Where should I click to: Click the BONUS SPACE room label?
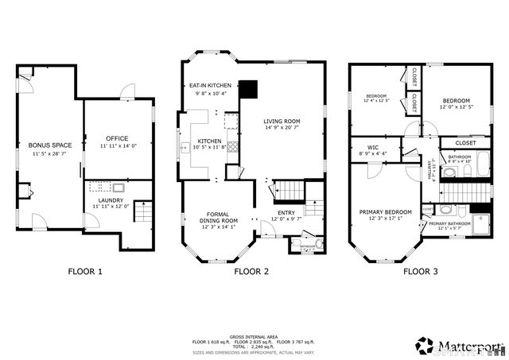(x=45, y=145)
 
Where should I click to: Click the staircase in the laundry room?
(x=143, y=212)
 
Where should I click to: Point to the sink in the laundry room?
(x=118, y=188)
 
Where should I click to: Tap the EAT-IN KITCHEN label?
(x=209, y=85)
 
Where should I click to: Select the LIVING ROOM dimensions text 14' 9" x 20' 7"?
(x=283, y=128)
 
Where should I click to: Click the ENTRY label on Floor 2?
(x=286, y=213)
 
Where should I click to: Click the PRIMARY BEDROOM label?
(x=385, y=212)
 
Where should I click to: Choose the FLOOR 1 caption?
(x=85, y=272)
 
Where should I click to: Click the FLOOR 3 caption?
(x=420, y=272)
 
